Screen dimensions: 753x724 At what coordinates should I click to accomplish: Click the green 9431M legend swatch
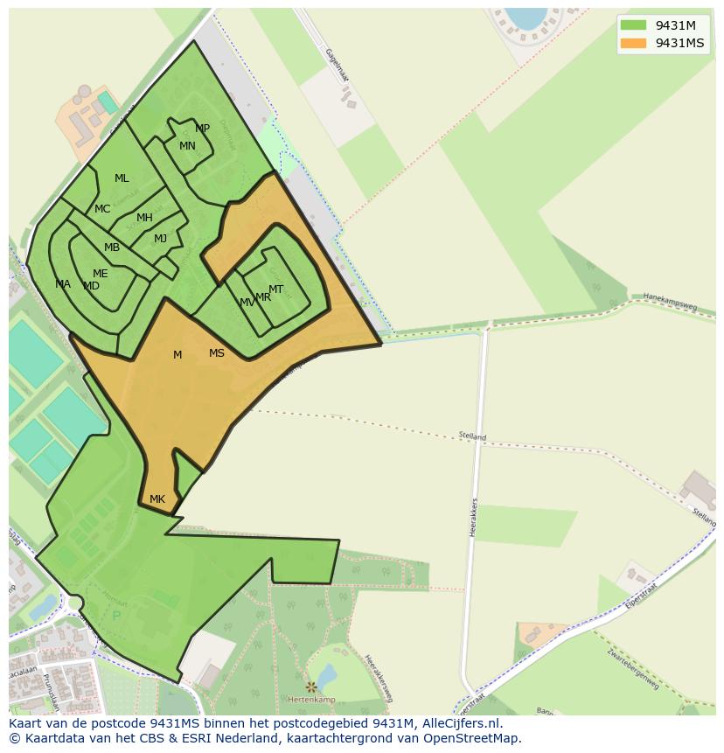pyautogui.click(x=633, y=25)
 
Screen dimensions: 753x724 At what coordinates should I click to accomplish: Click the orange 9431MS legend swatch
pyautogui.click(x=633, y=43)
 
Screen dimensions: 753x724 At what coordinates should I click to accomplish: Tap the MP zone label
pyautogui.click(x=202, y=129)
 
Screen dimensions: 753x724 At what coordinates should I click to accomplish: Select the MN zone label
pyautogui.click(x=187, y=146)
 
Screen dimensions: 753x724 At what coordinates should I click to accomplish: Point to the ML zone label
pyautogui.click(x=122, y=178)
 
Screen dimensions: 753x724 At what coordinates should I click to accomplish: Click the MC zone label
pyautogui.click(x=102, y=209)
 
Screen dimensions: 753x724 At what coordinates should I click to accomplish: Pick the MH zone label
pyautogui.click(x=144, y=218)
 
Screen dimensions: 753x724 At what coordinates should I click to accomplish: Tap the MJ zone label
pyautogui.click(x=160, y=239)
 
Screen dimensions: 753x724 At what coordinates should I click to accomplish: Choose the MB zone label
pyautogui.click(x=112, y=248)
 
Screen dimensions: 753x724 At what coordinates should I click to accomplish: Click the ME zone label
pyautogui.click(x=101, y=274)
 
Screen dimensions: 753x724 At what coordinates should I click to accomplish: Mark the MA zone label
pyautogui.click(x=63, y=284)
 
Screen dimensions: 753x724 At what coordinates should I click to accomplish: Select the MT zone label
pyautogui.click(x=275, y=289)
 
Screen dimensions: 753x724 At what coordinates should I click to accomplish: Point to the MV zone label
pyautogui.click(x=247, y=303)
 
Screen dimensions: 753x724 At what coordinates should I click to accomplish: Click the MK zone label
pyautogui.click(x=157, y=499)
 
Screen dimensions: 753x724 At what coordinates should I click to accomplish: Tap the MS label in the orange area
pyautogui.click(x=217, y=353)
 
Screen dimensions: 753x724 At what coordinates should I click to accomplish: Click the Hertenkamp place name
pyautogui.click(x=311, y=700)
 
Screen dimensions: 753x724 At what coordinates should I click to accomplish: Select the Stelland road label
pyautogui.click(x=472, y=436)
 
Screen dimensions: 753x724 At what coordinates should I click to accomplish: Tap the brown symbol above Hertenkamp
pyautogui.click(x=310, y=687)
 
